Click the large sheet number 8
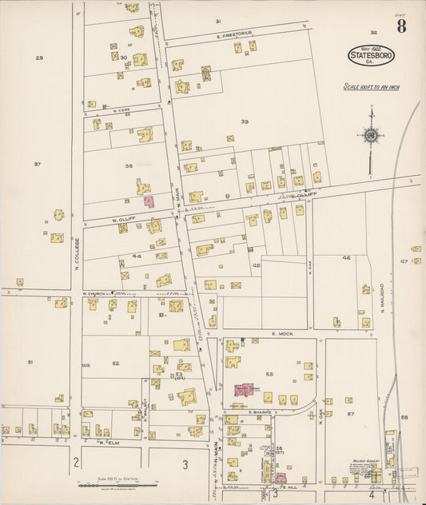[400, 26]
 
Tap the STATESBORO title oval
[371, 56]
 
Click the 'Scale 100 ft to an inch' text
[370, 88]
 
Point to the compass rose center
[370, 135]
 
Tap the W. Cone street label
[121, 110]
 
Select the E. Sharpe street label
[260, 413]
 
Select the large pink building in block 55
[244, 390]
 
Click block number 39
[245, 121]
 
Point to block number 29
[38, 58]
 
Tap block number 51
[30, 362]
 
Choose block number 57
[350, 415]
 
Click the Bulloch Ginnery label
[365, 461]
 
